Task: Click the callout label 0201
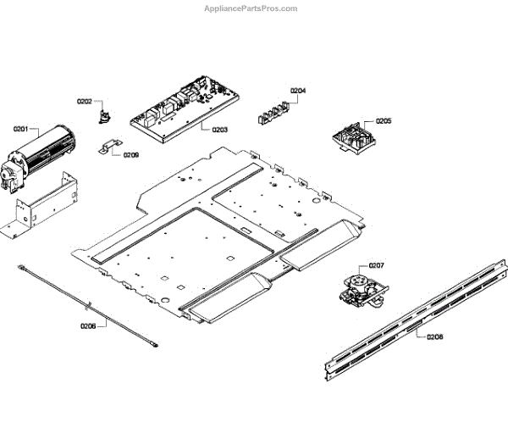click(x=20, y=129)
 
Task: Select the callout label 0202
click(x=84, y=102)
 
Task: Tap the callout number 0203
click(x=219, y=130)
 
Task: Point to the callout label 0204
click(x=298, y=90)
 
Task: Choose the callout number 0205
click(x=384, y=121)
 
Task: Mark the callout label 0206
click(x=88, y=325)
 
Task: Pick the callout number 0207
click(x=376, y=266)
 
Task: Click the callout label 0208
click(x=434, y=336)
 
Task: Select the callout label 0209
click(x=131, y=155)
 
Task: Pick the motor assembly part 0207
click(x=362, y=288)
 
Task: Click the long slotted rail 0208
click(x=415, y=318)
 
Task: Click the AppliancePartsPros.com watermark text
click(x=251, y=8)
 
